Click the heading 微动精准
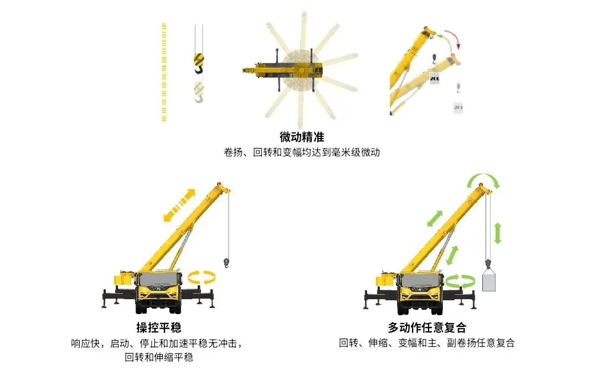tap(302, 137)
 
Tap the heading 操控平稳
tap(159, 327)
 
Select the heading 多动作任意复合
tap(427, 327)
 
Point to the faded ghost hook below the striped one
tap(199, 93)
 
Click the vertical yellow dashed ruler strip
tap(164, 73)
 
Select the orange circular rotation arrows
tap(202, 278)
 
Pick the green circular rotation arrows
tap(460, 281)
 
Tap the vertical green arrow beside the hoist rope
tap(497, 233)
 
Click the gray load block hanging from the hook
tap(488, 281)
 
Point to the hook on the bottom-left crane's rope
tap(226, 263)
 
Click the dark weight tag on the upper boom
tap(435, 78)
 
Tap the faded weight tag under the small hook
tap(458, 107)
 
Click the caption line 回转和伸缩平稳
tap(159, 357)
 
